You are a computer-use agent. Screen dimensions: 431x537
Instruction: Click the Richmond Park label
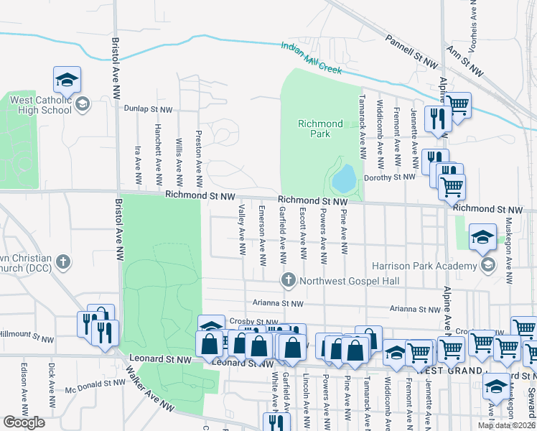[320, 129]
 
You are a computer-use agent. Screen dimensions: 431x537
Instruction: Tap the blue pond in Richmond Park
[344, 177]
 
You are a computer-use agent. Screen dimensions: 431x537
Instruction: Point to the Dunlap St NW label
[148, 109]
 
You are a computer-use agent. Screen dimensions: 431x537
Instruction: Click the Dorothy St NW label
[390, 177]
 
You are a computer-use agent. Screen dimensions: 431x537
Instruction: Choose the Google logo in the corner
[24, 422]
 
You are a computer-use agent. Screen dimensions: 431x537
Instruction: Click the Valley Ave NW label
[242, 229]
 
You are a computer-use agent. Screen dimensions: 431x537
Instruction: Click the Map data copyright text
[507, 425]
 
